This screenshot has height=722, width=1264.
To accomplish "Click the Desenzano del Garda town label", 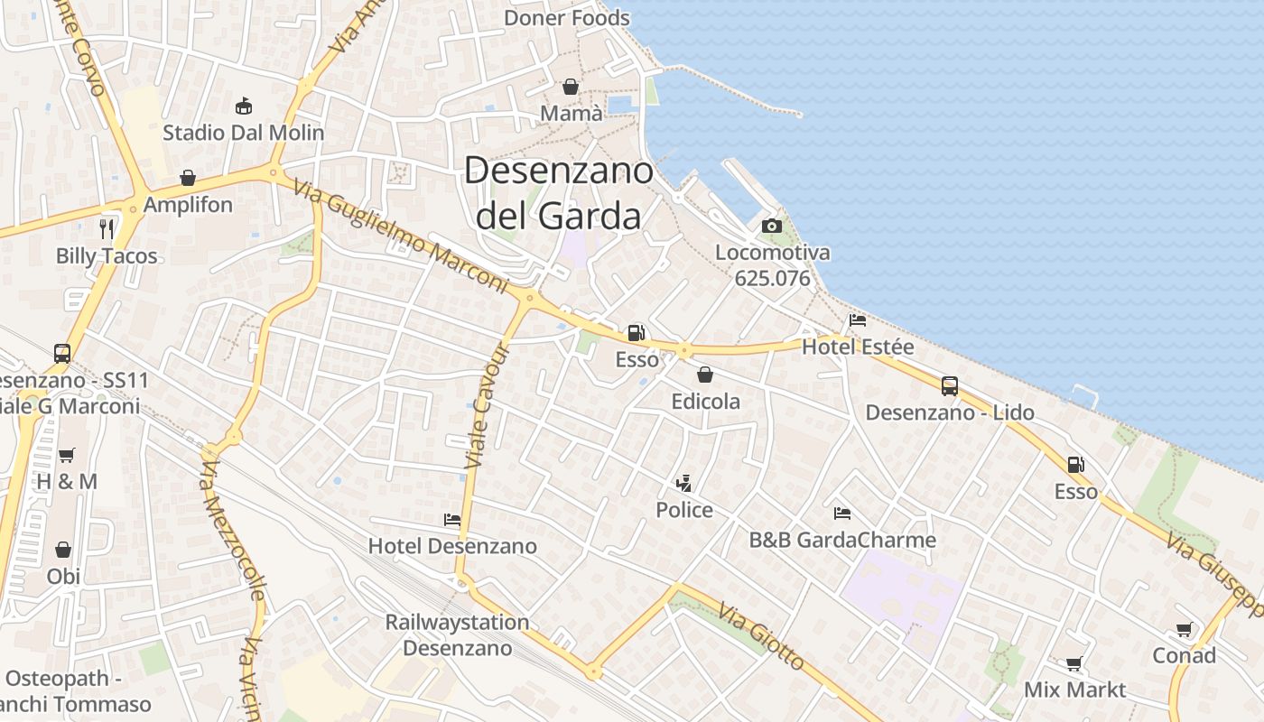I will tap(558, 193).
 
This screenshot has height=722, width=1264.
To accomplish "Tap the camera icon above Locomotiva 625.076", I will tap(772, 226).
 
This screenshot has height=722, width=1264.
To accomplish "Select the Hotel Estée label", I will tap(858, 347).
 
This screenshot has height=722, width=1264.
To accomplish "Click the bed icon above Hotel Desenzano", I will tap(452, 520).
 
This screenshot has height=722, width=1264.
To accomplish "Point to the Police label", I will tap(684, 510).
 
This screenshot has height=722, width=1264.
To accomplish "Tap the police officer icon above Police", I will tap(684, 483).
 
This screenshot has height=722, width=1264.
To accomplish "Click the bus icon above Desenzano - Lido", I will tap(950, 386).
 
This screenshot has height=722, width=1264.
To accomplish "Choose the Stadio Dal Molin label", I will tap(243, 133).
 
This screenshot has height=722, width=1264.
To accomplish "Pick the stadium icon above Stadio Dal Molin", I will tap(243, 106).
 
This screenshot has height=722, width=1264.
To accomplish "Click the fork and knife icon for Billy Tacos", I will tap(107, 228).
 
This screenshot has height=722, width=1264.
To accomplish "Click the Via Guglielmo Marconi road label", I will tap(402, 239).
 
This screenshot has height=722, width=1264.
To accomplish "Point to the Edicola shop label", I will tap(705, 401).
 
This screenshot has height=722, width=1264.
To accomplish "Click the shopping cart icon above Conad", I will tap(1184, 630).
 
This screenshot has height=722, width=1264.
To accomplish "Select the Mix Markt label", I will tap(1074, 690).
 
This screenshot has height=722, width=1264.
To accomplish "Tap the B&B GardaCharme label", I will tap(842, 540).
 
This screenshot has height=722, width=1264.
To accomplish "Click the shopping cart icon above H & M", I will tap(67, 456).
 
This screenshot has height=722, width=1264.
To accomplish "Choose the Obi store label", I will tap(63, 576).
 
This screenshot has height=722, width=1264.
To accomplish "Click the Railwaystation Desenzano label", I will tap(457, 634).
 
